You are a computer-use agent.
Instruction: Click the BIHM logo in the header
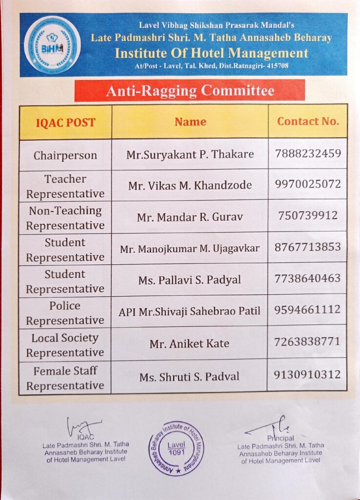(52, 45)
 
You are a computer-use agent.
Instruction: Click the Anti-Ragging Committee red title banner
(190, 90)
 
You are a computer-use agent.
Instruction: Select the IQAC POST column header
(65, 122)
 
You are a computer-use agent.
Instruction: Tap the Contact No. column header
(308, 121)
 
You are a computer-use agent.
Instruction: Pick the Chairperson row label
(65, 156)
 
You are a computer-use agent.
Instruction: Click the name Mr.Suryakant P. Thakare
(190, 154)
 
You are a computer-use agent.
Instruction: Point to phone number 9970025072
(308, 185)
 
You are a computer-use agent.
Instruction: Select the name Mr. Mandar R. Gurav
(190, 217)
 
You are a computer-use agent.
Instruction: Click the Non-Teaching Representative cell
(65, 218)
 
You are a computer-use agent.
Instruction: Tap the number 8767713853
(308, 247)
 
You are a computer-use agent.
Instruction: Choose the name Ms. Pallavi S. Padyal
(190, 280)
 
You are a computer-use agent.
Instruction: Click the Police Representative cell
(65, 312)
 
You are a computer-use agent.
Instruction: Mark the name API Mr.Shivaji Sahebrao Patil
(190, 311)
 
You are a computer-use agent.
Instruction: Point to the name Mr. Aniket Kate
(190, 343)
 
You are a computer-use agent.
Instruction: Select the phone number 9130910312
(308, 375)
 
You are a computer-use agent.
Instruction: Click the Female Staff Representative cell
(65, 378)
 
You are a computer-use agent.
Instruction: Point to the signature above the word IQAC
(84, 426)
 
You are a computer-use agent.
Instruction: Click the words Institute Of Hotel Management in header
(212, 53)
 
